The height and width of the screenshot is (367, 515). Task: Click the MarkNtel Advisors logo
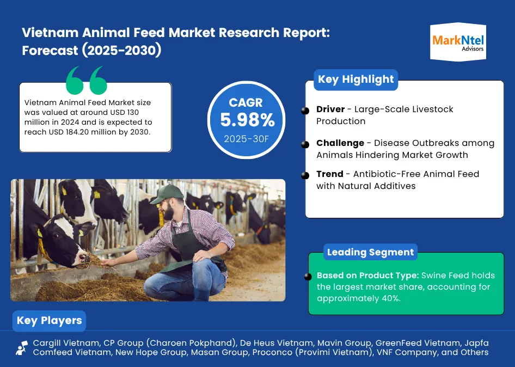point(458,42)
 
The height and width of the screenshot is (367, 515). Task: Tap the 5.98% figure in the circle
point(247,120)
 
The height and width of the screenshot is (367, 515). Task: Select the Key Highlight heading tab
point(355,79)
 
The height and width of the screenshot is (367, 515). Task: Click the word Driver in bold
point(330,109)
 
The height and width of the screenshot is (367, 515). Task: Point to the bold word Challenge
point(340,143)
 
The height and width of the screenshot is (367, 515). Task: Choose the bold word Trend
point(330,174)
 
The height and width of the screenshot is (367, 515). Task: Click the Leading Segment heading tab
point(370,252)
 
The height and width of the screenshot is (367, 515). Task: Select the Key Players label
point(49,321)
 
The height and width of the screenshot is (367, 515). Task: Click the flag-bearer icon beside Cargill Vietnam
point(22,348)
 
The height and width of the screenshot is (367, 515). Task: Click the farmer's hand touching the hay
point(107,262)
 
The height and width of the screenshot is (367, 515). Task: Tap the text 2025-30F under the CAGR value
point(246,139)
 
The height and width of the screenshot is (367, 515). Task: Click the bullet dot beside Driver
point(305,111)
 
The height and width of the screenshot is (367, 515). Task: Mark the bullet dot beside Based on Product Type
point(308,277)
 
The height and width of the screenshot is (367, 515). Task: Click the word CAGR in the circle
point(246,102)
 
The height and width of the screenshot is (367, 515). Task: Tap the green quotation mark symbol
point(87,80)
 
